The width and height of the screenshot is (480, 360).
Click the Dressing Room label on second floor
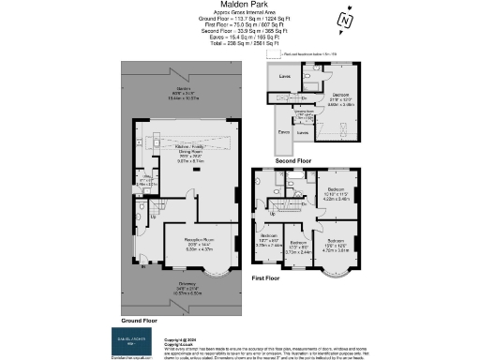tap(305, 112)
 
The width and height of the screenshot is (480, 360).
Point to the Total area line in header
tap(240, 45)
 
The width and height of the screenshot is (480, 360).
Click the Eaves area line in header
tap(240, 38)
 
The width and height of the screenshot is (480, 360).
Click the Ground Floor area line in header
tap(240, 19)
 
